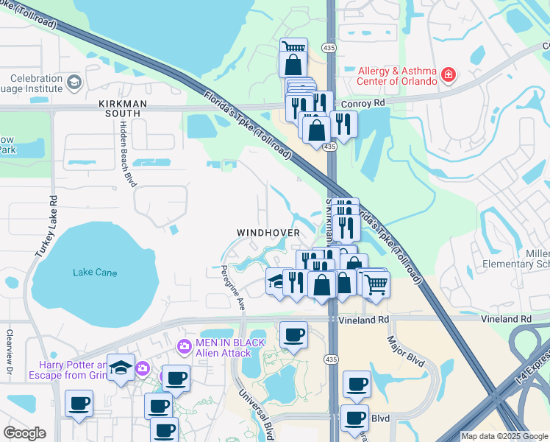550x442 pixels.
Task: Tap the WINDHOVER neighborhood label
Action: [x=268, y=233]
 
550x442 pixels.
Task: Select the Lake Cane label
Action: [x=95, y=273]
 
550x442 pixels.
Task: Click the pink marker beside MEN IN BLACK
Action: [x=185, y=345]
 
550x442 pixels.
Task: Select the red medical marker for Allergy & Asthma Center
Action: [x=448, y=74]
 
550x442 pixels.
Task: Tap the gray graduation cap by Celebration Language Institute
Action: [x=74, y=81]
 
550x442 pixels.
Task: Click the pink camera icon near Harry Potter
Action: [x=142, y=368]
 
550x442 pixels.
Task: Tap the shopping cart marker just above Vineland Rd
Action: [x=376, y=284]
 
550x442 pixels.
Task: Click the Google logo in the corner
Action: [x=24, y=433]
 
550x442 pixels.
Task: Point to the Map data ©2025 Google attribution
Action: [x=504, y=436]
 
